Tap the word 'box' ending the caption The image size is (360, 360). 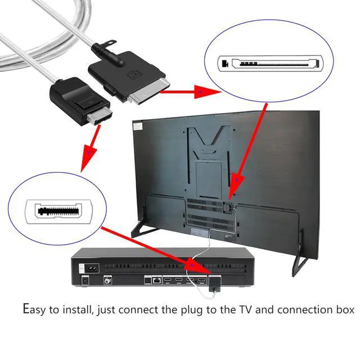(x=344, y=310)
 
